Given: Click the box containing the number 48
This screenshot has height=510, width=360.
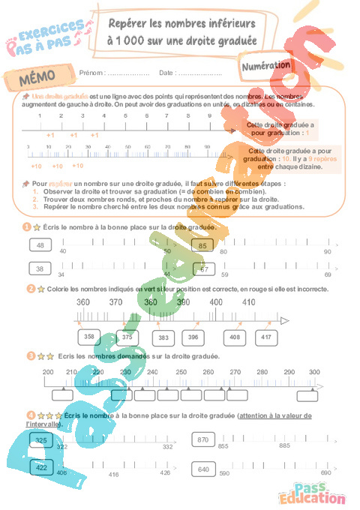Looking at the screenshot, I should pyautogui.click(x=40, y=245).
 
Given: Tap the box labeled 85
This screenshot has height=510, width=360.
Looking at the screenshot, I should pyautogui.click(x=202, y=245).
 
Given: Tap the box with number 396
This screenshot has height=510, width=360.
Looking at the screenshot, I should pyautogui.click(x=193, y=337).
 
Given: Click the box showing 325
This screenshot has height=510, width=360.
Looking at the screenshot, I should pyautogui.click(x=42, y=440).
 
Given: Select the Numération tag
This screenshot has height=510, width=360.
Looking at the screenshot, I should pyautogui.click(x=268, y=66).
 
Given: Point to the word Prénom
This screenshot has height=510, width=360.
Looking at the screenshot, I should pyautogui.click(x=91, y=73).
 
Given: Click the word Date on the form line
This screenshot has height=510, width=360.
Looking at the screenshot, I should pyautogui.click(x=166, y=73).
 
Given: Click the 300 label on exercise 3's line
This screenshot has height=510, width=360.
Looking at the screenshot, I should pyautogui.click(x=313, y=372).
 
